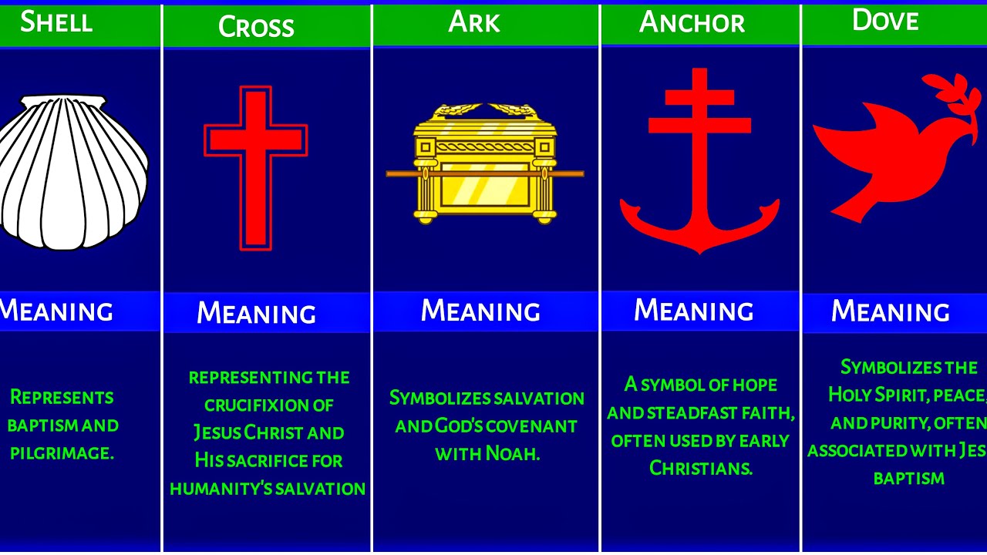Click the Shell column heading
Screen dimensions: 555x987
[x=56, y=22]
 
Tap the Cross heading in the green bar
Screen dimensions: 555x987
[x=256, y=27]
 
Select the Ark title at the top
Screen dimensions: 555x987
[x=474, y=22]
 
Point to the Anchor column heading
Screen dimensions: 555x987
[x=692, y=23]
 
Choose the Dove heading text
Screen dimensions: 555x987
[x=885, y=21]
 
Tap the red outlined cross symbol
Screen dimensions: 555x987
[x=255, y=167]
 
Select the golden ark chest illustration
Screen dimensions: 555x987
[x=484, y=162]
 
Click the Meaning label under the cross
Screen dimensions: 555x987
[x=256, y=313]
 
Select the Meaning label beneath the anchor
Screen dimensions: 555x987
[x=693, y=311]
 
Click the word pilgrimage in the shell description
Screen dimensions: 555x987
[x=62, y=453]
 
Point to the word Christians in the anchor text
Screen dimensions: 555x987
[x=700, y=468]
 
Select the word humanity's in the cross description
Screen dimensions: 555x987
[x=221, y=489]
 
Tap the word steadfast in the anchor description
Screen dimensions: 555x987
[x=697, y=412]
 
